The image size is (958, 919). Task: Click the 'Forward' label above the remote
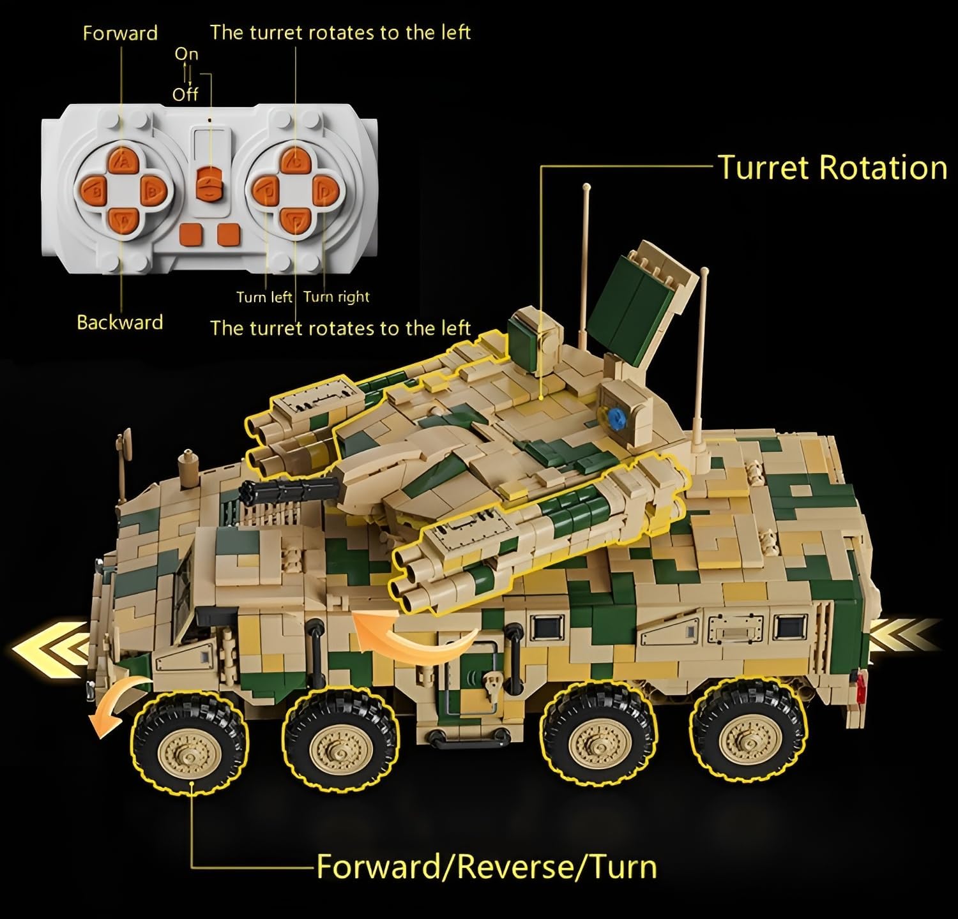[x=120, y=33]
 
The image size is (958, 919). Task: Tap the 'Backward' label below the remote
[x=120, y=322]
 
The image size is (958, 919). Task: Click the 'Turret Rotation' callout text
[x=832, y=167]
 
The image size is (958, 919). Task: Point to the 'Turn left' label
[x=264, y=297]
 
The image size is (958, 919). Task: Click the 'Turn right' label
[x=337, y=297]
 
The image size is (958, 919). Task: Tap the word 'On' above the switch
[x=186, y=54]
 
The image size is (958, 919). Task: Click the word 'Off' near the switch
[x=185, y=94]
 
